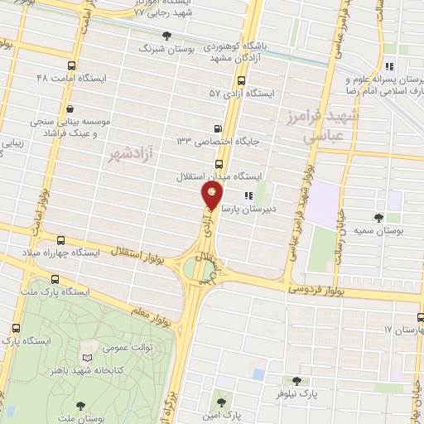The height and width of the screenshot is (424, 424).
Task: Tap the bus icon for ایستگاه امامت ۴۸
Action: tap(72, 65)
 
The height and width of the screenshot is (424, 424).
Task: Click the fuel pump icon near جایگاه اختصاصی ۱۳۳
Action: tap(218, 128)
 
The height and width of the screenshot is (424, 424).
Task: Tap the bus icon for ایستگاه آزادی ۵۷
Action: tap(241, 81)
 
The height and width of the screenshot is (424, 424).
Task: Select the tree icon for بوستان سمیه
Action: tap(378, 218)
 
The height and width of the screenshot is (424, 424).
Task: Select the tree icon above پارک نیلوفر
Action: tap(296, 381)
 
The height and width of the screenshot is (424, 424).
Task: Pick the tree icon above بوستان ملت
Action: tap(79, 407)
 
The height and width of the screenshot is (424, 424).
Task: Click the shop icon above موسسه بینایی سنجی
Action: tap(69, 108)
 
